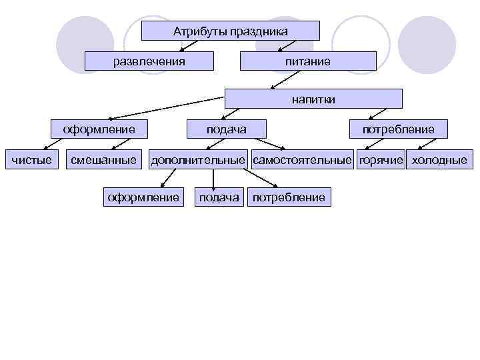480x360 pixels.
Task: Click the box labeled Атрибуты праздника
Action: [231, 31]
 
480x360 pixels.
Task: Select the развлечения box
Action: [149, 61]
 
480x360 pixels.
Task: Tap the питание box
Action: [308, 61]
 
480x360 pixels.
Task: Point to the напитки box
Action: [313, 99]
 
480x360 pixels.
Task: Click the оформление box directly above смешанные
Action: [99, 129]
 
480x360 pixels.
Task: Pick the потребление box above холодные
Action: [398, 129]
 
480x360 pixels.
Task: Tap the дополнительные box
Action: [198, 159]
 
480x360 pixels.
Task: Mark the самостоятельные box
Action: [302, 159]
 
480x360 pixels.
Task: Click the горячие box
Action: [381, 159]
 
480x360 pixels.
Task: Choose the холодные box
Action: [439, 159]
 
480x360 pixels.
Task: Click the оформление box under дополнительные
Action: [143, 197]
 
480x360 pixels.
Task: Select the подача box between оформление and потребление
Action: [219, 197]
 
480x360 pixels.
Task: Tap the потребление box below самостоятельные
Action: [289, 197]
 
